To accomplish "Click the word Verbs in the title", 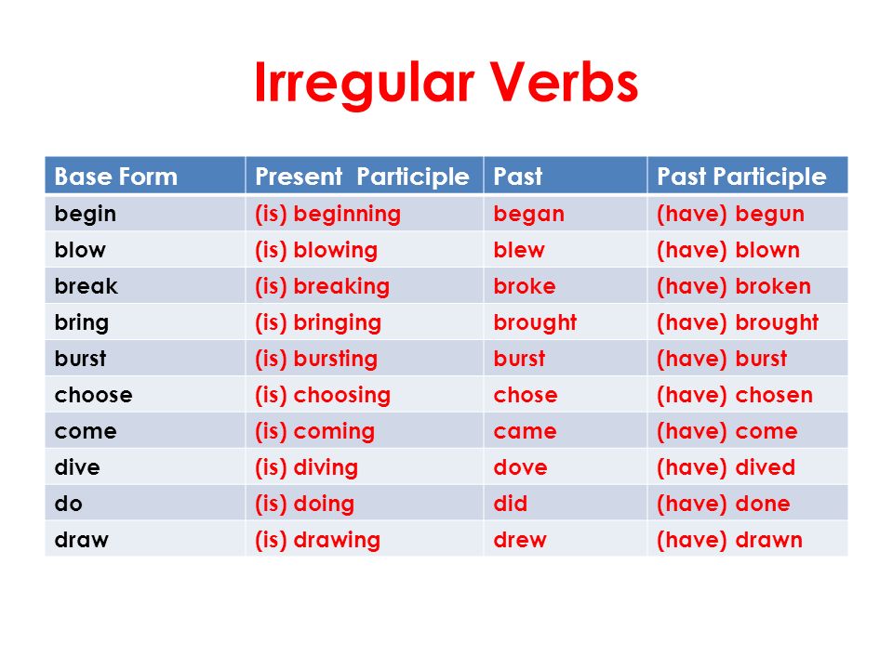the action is pos(564,83).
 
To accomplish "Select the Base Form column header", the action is pos(115,177).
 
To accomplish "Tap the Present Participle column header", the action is pos(362,177).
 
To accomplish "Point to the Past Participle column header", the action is pos(741,177).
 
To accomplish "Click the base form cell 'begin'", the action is pos(86,215).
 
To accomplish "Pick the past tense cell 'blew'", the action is pos(519,250).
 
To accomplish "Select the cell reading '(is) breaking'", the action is pos(323,287).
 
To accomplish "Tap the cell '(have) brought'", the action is pos(738,322).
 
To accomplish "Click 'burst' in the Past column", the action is pos(519,359).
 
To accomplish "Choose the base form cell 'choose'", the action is pos(93,395).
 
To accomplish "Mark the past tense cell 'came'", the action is pos(525,432).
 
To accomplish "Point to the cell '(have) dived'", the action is pos(726,467).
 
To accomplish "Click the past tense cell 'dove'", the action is pos(521,467).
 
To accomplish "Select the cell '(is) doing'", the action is pos(305,504).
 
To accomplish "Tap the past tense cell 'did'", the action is pos(511,504).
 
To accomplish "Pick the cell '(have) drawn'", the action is pos(729,540).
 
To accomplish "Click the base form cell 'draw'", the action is pos(82,539).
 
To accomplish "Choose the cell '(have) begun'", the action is pos(731,215).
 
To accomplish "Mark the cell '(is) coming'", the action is pos(315,432).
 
